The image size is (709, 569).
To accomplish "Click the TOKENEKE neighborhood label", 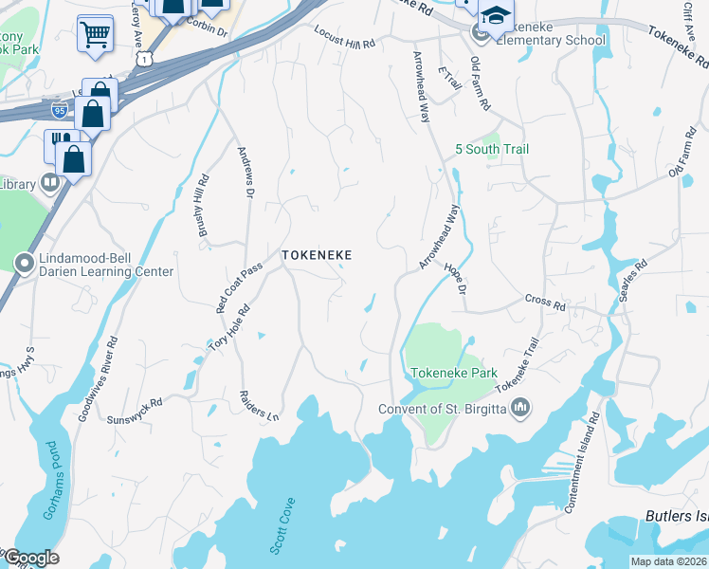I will tap(317, 256).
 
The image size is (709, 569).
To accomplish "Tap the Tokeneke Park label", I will tap(451, 374).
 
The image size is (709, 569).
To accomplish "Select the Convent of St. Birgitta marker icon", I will tap(519, 409).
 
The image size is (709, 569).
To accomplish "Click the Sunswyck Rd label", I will tap(135, 409).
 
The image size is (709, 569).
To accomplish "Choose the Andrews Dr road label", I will tap(245, 173).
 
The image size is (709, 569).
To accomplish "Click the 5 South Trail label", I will tap(492, 150).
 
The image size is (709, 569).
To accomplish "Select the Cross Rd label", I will tap(545, 302).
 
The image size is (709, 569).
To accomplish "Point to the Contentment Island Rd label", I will tap(582, 464).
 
